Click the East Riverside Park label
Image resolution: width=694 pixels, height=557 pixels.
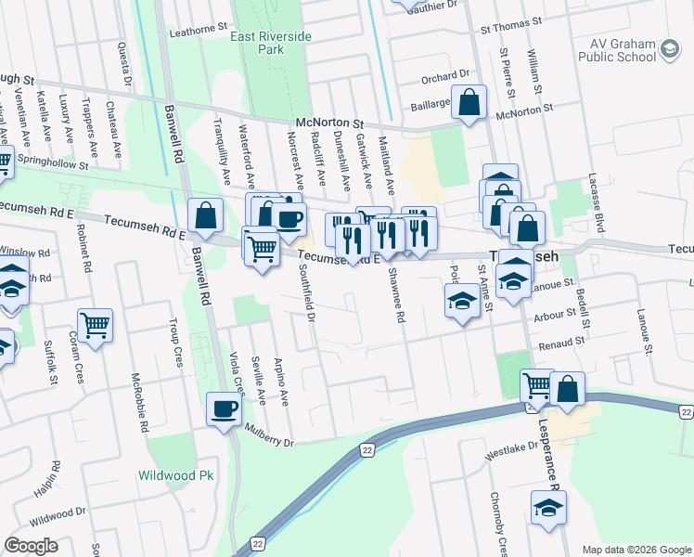click(x=271, y=43)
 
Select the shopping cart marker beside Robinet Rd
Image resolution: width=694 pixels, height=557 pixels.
click(x=96, y=326)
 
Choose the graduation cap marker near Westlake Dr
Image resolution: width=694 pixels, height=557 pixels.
click(x=548, y=508)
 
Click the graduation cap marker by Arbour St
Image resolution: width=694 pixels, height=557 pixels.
click(x=462, y=302)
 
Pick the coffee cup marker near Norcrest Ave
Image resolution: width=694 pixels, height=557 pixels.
click(x=289, y=219)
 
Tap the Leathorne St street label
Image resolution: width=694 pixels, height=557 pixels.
click(x=198, y=31)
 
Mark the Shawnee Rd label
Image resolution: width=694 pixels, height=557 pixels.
click(x=401, y=303)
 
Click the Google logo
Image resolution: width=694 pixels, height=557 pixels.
click(x=31, y=546)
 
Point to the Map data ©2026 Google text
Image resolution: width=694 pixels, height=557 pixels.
click(x=636, y=550)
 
